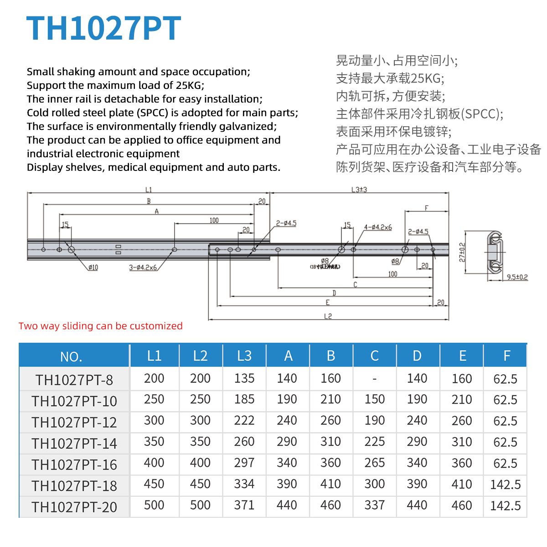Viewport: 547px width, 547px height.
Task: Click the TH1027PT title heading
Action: point(104,29)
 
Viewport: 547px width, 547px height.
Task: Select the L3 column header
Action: point(244,356)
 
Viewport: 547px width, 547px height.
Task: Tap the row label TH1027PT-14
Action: point(74,443)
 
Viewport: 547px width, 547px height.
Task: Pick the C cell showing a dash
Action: point(374,379)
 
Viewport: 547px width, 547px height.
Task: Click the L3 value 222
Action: point(244,420)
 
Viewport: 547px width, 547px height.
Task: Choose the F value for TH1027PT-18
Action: point(505,485)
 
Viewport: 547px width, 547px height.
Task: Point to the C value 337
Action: point(374,505)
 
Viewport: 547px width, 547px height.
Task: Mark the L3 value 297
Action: point(244,463)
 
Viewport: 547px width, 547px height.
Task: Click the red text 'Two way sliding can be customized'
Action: point(101,326)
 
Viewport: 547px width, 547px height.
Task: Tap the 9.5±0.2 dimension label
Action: point(517,277)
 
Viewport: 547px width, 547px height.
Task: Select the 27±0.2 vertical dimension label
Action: point(462,252)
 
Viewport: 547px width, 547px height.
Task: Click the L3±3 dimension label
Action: point(359,190)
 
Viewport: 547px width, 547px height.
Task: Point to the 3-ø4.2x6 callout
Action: point(143,268)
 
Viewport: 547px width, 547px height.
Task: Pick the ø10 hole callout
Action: point(93,268)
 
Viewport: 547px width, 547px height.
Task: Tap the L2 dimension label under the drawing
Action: point(328,316)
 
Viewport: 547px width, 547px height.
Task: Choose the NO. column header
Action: point(71,356)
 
